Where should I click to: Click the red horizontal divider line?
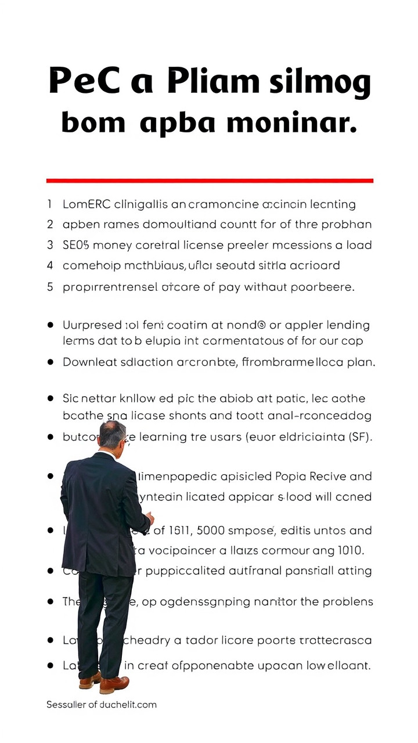(210, 181)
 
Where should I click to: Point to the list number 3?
(50, 245)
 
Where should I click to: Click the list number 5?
(50, 287)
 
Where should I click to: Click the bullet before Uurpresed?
(51, 325)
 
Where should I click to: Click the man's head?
(112, 434)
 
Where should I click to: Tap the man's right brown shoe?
(114, 685)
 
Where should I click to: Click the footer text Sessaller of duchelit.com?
(102, 705)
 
